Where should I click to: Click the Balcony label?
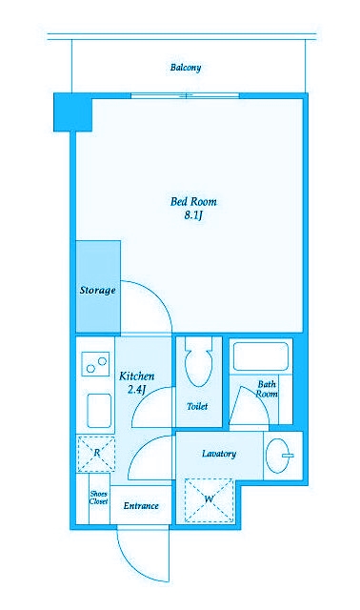pos(186,68)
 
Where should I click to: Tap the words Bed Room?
pos(193,201)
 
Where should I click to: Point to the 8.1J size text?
pos(193,215)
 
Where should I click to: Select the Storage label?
pos(97,290)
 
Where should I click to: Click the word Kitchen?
pos(136,376)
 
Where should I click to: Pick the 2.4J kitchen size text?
pos(136,390)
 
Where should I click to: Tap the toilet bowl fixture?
pos(199,362)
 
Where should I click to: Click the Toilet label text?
pos(197,407)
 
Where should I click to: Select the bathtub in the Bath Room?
pos(260,356)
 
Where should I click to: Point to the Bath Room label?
pos(267,389)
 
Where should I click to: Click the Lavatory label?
pos(219,454)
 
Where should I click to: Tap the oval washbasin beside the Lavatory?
pos(280,456)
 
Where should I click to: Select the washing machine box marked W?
pos(209,499)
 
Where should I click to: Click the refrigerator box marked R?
pos(96,454)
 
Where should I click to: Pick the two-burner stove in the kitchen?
pos(95,364)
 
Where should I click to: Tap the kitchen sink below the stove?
pos(99,411)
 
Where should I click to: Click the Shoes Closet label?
pos(98,498)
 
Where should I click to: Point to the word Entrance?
pos(141,506)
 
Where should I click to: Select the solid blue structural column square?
pos(72,112)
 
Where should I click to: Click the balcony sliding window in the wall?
pos(185,95)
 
